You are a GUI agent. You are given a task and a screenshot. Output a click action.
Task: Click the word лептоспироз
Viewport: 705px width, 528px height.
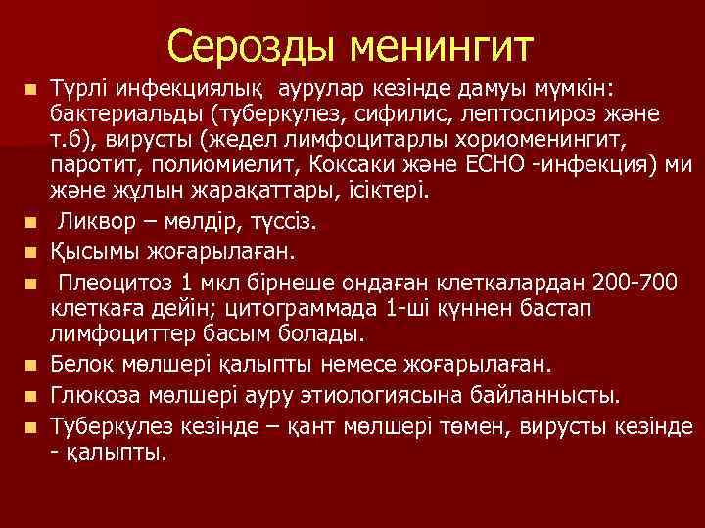(492, 114)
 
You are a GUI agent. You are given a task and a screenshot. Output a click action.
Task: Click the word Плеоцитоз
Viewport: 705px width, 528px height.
(108, 285)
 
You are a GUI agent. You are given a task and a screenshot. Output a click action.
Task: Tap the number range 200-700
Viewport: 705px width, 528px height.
(632, 285)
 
